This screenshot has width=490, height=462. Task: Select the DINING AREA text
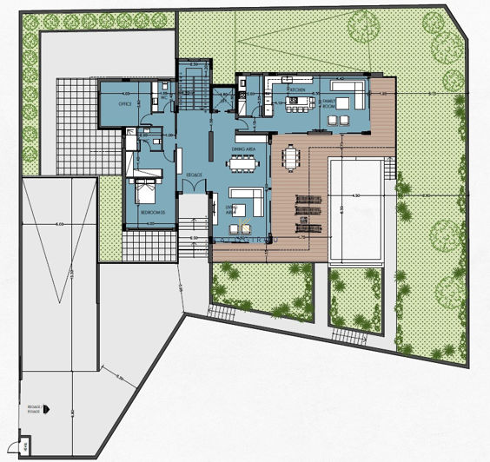coord(242,150)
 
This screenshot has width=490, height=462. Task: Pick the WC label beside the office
coord(162,97)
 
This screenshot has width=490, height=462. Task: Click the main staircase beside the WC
coord(194,87)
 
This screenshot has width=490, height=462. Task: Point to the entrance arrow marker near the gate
coord(48,406)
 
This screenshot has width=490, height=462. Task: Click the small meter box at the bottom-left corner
coord(26,447)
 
